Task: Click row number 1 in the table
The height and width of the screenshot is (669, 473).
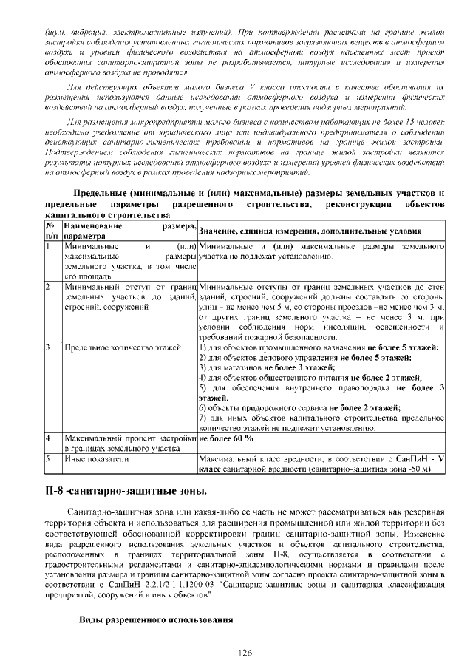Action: click(48, 245)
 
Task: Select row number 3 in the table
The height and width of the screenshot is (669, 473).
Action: click(48, 346)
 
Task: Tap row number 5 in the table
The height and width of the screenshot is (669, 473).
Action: click(48, 459)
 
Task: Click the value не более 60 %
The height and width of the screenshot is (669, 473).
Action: click(226, 438)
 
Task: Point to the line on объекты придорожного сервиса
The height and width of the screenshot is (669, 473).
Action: click(299, 407)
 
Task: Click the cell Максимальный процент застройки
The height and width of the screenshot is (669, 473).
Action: click(129, 438)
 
